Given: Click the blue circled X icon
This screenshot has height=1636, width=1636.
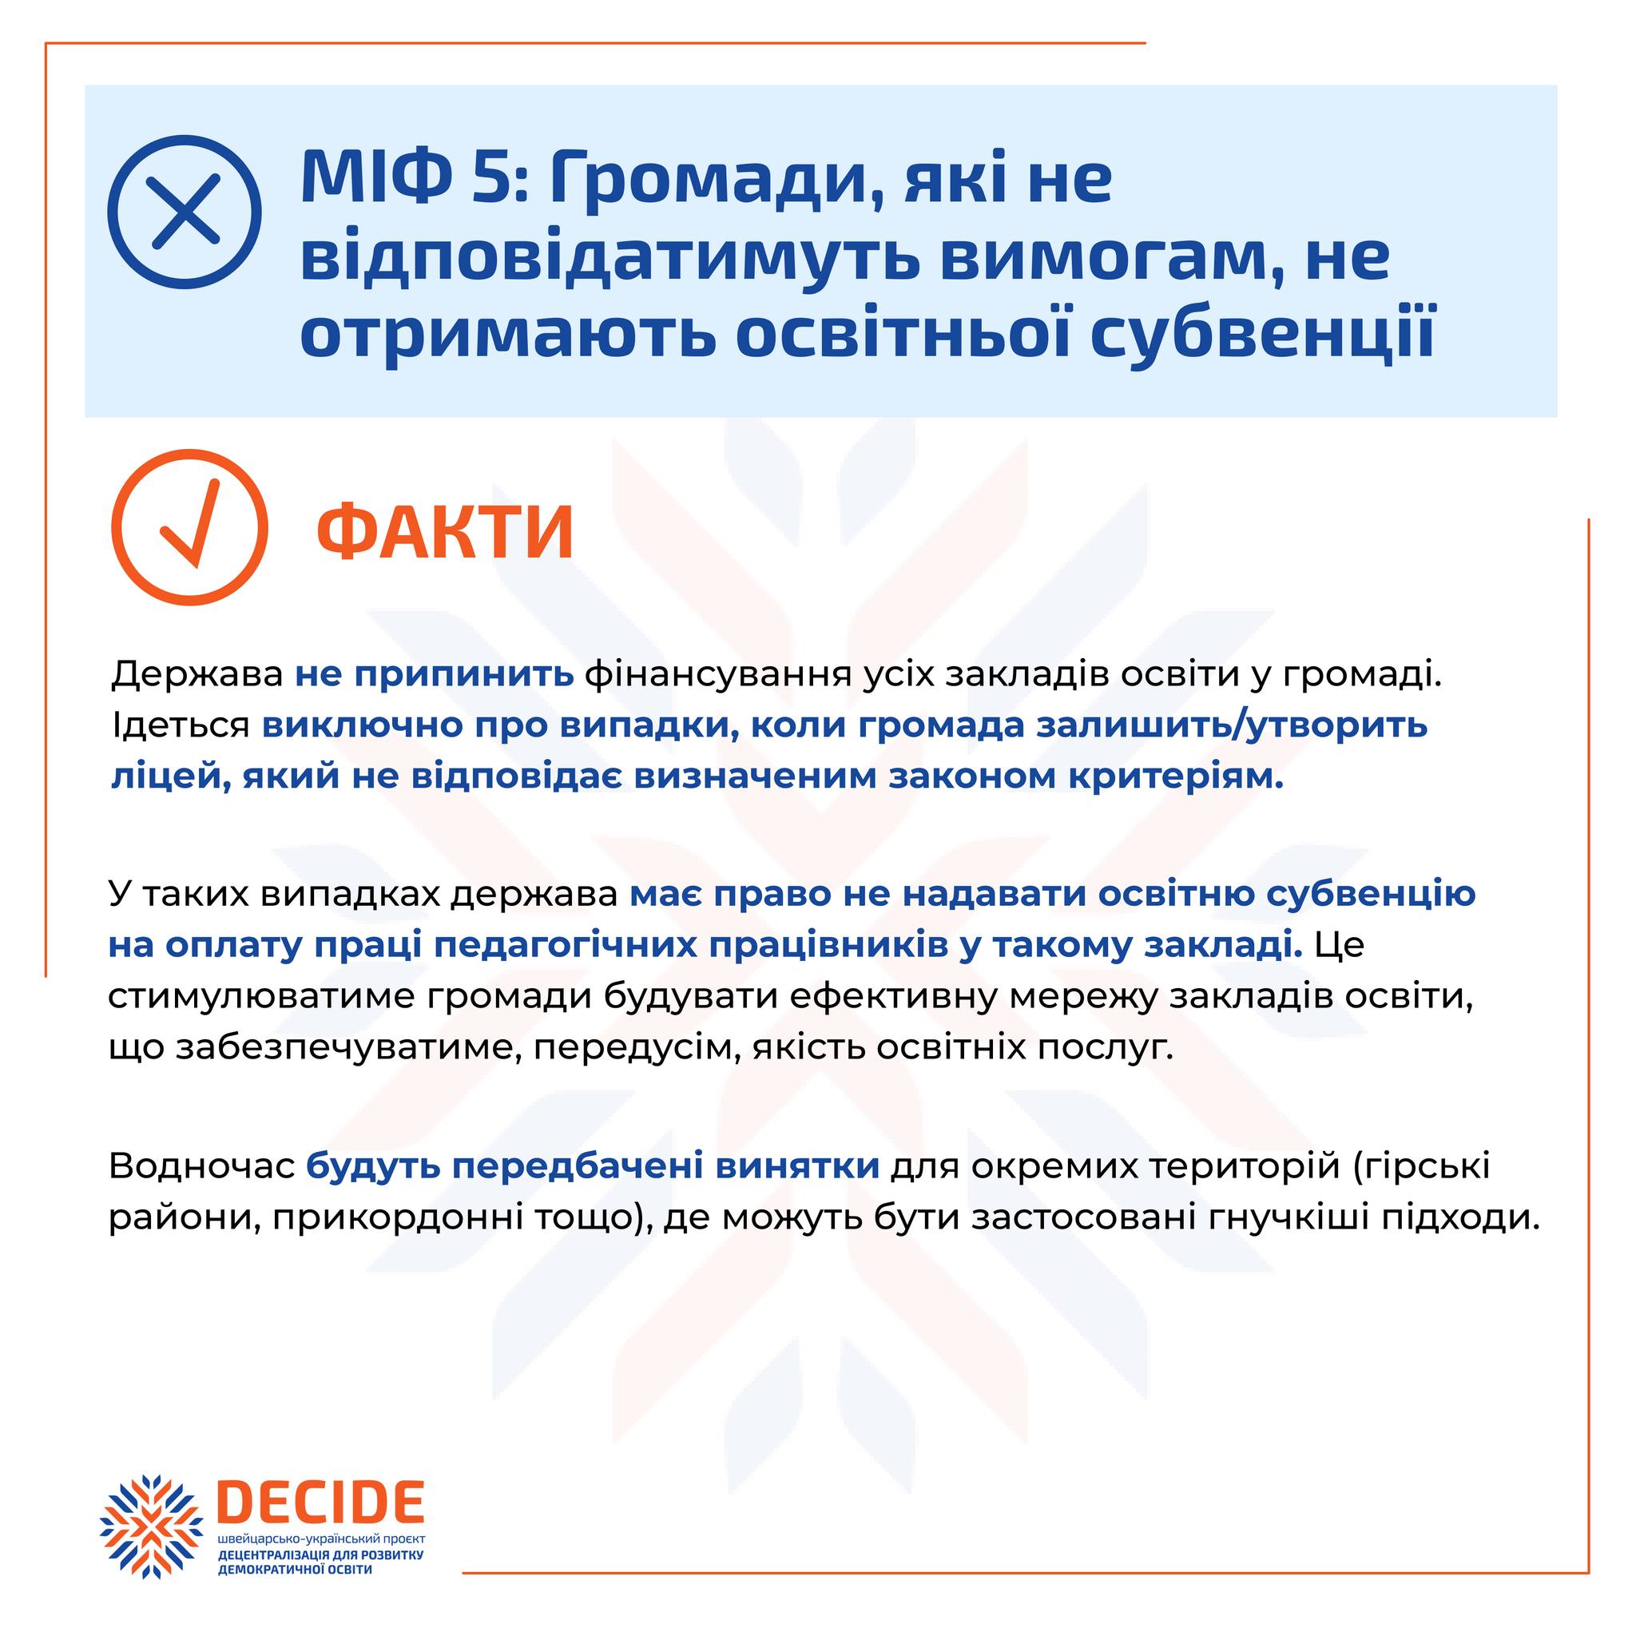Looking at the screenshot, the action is point(184,212).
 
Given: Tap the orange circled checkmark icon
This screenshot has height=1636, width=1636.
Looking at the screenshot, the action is point(189,526).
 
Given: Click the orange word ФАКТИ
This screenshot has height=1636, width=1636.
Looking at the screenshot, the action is point(446,532).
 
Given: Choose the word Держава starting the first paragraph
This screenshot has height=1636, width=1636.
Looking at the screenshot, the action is point(197,676).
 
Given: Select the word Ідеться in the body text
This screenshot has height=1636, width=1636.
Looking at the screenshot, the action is point(181,725).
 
